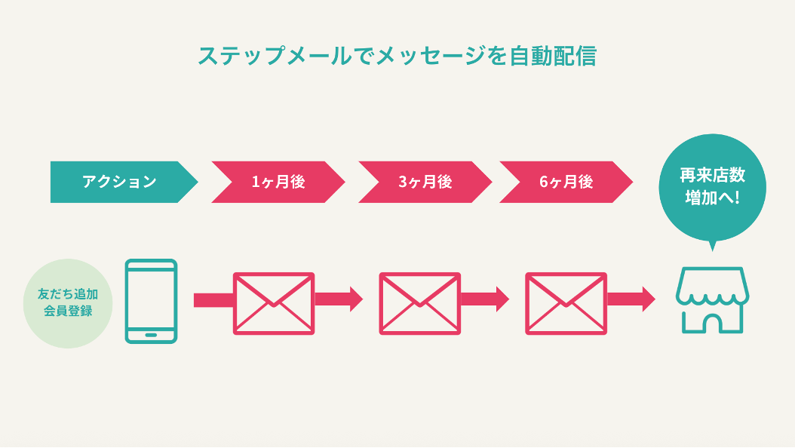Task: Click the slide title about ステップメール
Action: pos(397,57)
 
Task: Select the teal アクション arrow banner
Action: pos(121,182)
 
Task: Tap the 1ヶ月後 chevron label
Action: pos(278,182)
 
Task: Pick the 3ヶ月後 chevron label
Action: pos(425,182)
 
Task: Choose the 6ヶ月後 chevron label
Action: pos(566,182)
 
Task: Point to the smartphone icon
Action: pos(151,301)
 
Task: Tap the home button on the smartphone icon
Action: pos(151,334)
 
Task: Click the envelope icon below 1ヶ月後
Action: pos(274,303)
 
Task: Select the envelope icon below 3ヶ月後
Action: pos(419,303)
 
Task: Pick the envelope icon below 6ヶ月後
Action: pos(566,303)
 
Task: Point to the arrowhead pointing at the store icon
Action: pos(648,299)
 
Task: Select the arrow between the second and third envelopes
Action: pos(485,299)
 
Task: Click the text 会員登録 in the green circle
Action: pos(68,311)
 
